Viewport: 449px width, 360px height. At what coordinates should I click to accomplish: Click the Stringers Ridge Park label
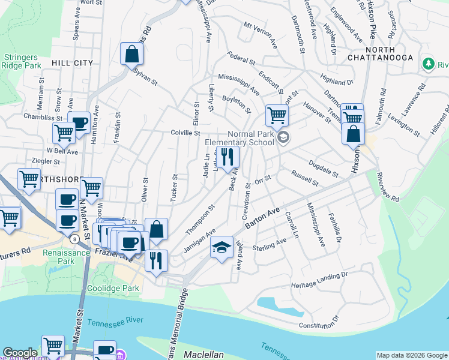pyautogui.click(x=22, y=61)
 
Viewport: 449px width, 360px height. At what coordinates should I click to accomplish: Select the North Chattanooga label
pyautogui.click(x=389, y=53)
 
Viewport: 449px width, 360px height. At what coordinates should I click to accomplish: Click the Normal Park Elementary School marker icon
pyautogui.click(x=284, y=139)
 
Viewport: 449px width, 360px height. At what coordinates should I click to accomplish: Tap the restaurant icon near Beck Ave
pyautogui.click(x=228, y=157)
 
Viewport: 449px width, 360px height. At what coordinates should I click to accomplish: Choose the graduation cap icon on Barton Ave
pyautogui.click(x=221, y=247)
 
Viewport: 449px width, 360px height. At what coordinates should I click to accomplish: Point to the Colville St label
pyautogui.click(x=185, y=133)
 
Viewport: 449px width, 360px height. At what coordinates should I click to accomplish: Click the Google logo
pyautogui.click(x=20, y=353)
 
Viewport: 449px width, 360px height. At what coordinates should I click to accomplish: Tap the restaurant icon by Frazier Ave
pyautogui.click(x=156, y=260)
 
